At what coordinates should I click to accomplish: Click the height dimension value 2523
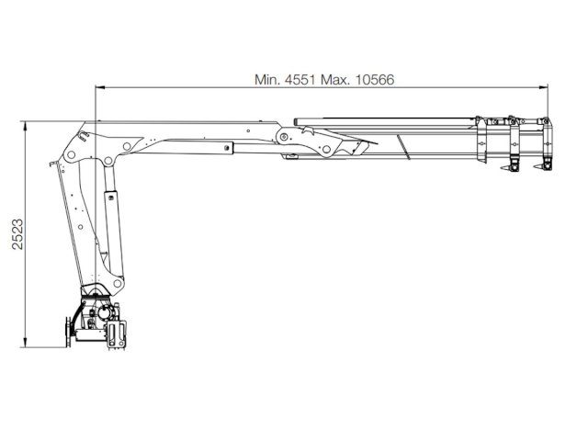click(x=17, y=234)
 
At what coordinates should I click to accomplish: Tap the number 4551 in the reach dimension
click(x=300, y=80)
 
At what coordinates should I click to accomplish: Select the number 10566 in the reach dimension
click(x=375, y=80)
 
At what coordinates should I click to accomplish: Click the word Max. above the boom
click(x=335, y=80)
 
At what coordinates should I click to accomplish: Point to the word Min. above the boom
click(x=267, y=80)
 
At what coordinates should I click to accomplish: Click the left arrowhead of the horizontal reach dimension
click(x=100, y=88)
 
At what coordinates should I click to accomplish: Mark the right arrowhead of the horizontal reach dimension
click(x=543, y=88)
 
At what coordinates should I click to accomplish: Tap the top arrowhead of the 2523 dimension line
click(x=25, y=126)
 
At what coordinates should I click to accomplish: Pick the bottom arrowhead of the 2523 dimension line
click(x=25, y=343)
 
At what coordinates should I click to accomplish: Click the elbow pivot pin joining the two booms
click(x=284, y=136)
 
